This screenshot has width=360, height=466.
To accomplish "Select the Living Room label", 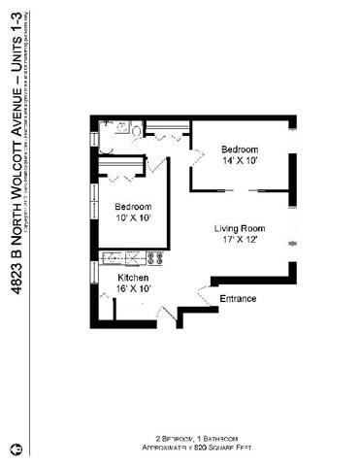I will click(x=240, y=229).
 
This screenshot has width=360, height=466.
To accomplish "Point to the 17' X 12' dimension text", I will click(x=240, y=242).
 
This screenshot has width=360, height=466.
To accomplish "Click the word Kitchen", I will click(x=119, y=278).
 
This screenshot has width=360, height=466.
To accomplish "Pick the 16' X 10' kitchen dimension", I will click(x=119, y=289).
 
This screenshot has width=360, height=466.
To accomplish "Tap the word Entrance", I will click(x=239, y=298).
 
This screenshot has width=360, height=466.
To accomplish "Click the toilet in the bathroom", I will click(x=138, y=129).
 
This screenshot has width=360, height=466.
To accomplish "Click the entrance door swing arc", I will click(x=203, y=291).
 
